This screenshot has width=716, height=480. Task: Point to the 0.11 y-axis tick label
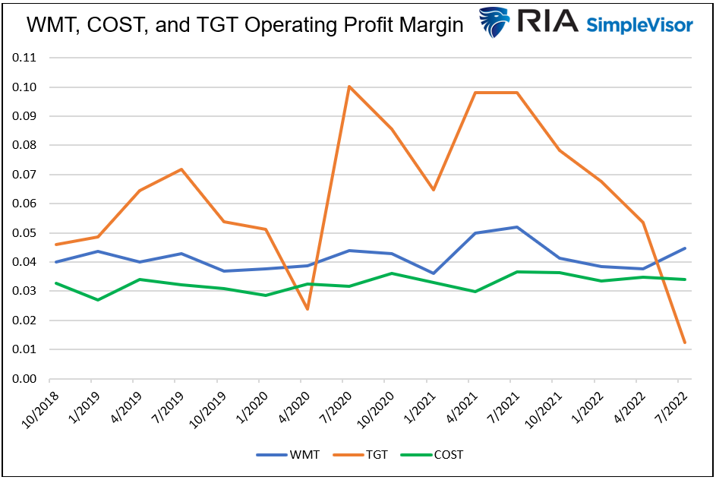(x=26, y=58)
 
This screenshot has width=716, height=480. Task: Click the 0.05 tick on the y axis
(x=26, y=233)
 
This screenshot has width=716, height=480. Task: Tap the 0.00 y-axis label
(x=26, y=379)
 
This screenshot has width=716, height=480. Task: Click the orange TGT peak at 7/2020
(x=349, y=87)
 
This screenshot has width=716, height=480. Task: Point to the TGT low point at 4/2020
(x=308, y=309)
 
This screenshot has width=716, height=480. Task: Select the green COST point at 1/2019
(x=97, y=300)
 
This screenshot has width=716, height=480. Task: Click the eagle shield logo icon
(x=494, y=23)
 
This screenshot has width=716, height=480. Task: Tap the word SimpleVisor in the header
(x=639, y=25)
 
